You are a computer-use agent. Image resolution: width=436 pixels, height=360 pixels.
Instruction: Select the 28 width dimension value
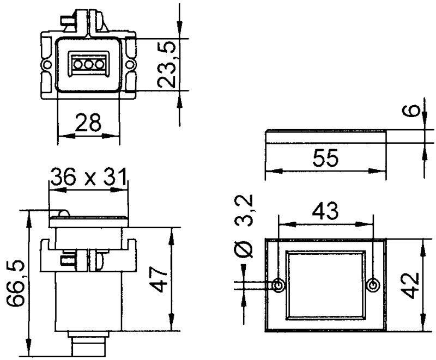tap(88, 124)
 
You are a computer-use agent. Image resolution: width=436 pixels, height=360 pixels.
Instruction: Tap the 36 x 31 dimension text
tap(88, 177)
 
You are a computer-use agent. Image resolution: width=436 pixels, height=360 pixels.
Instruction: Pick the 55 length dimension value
tap(325, 158)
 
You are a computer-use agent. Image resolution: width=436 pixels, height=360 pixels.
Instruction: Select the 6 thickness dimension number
tap(414, 111)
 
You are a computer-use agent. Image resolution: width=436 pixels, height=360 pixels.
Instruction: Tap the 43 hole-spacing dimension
tap(325, 210)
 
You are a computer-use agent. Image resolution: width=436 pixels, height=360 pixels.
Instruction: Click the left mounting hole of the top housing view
tap(46, 65)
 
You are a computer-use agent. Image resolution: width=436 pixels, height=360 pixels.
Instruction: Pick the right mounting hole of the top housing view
tap(131, 65)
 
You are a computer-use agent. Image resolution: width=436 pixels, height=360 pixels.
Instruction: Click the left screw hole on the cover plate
tap(278, 285)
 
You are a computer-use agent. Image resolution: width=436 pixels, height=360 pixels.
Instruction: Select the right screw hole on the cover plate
tap(373, 285)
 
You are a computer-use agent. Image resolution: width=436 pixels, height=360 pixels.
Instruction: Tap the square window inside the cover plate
tap(325, 285)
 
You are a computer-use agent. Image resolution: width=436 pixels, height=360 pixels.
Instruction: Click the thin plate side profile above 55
tap(325, 137)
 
